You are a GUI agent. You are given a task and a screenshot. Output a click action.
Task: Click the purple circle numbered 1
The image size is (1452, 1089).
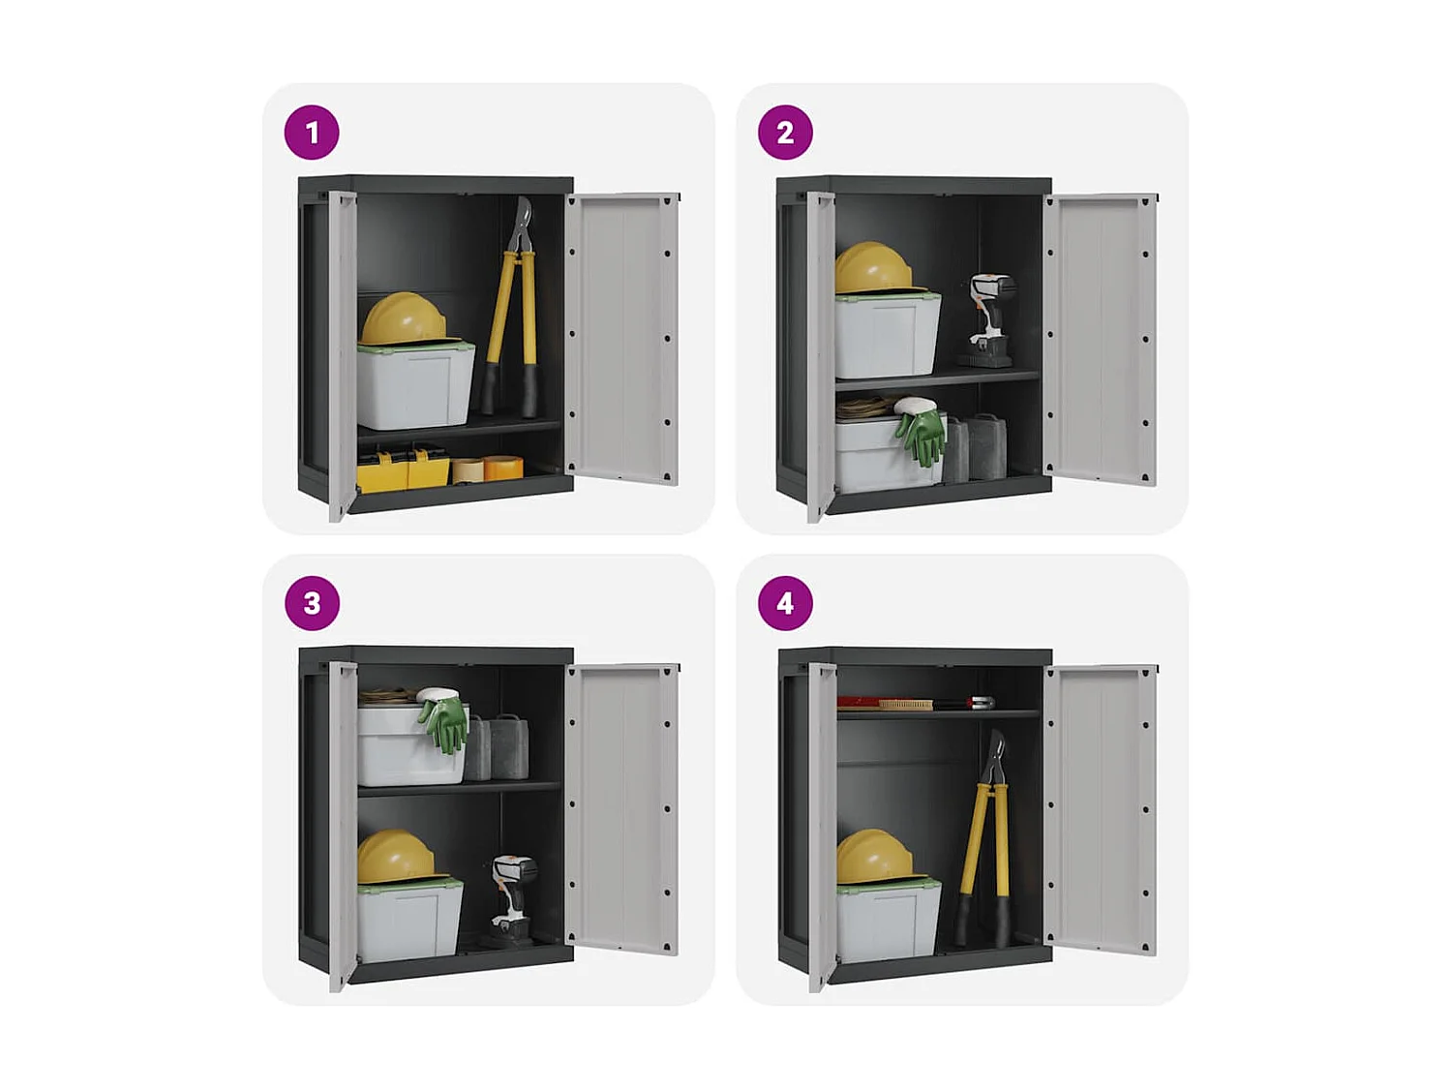tap(312, 133)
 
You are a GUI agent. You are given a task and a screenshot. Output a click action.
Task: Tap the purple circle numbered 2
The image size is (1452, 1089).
tap(785, 133)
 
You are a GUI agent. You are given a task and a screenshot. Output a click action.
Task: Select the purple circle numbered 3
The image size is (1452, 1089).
tap(312, 603)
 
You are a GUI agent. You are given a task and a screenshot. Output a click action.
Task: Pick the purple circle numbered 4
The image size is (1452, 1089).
tap(785, 603)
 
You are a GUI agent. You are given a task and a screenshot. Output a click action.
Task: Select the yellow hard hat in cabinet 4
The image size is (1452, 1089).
tap(873, 856)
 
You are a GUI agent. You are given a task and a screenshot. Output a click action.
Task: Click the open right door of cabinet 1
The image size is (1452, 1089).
tap(622, 339)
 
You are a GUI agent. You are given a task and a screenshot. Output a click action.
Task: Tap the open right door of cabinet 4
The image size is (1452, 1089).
tap(1101, 809)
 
